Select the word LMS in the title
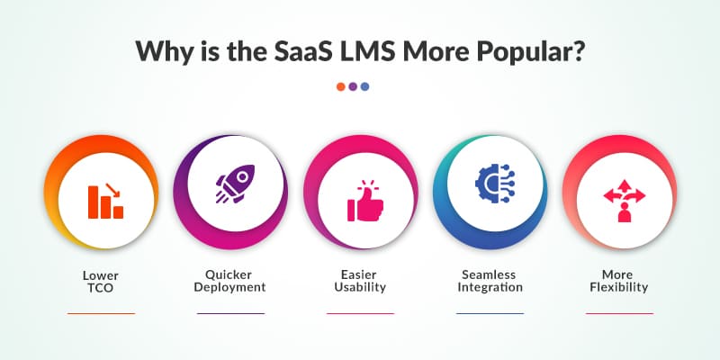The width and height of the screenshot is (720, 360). tap(382, 51)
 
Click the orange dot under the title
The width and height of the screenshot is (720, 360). tap(341, 86)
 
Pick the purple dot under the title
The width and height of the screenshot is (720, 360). tap(353, 86)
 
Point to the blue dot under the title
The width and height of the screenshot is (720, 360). tap(364, 86)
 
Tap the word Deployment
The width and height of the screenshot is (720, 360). tap(230, 287)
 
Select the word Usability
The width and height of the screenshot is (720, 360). tap(360, 287)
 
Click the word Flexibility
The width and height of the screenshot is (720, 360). tap(620, 287)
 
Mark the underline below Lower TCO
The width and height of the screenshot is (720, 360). tap(101, 313)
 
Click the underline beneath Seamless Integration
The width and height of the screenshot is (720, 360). tap(490, 313)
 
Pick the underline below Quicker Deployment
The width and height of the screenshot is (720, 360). tap(230, 313)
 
